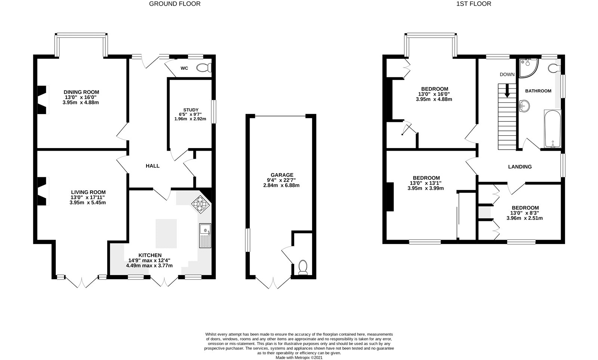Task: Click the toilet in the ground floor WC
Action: (204, 68)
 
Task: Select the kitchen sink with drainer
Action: (205, 236)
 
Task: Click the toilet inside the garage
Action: (303, 267)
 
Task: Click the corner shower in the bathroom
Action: (527, 68)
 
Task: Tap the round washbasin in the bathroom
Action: (525, 106)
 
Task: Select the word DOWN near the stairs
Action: (507, 74)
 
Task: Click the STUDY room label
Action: (191, 110)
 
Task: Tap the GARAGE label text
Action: (282, 175)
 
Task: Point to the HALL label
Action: (152, 166)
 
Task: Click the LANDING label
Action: (520, 167)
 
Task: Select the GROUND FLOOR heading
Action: (175, 4)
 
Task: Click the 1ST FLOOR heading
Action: (474, 4)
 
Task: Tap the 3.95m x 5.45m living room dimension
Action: (88, 203)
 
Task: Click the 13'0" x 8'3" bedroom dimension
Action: (525, 213)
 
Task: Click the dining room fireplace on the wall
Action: (42, 99)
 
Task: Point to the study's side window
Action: (213, 111)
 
